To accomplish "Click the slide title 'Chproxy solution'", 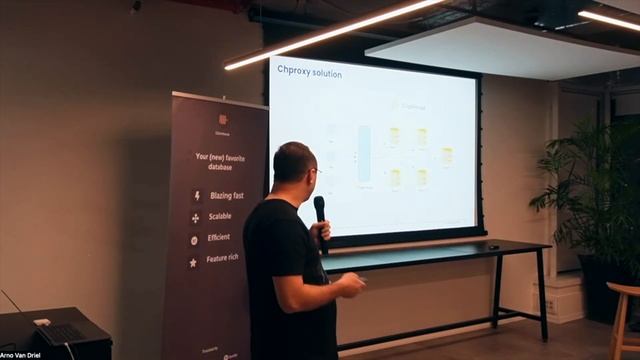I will pyautogui.click(x=309, y=74).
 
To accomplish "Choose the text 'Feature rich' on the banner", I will pyautogui.click(x=222, y=258).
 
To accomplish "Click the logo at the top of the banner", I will pyautogui.click(x=222, y=121).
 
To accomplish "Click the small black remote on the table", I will pyautogui.click(x=492, y=246).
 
